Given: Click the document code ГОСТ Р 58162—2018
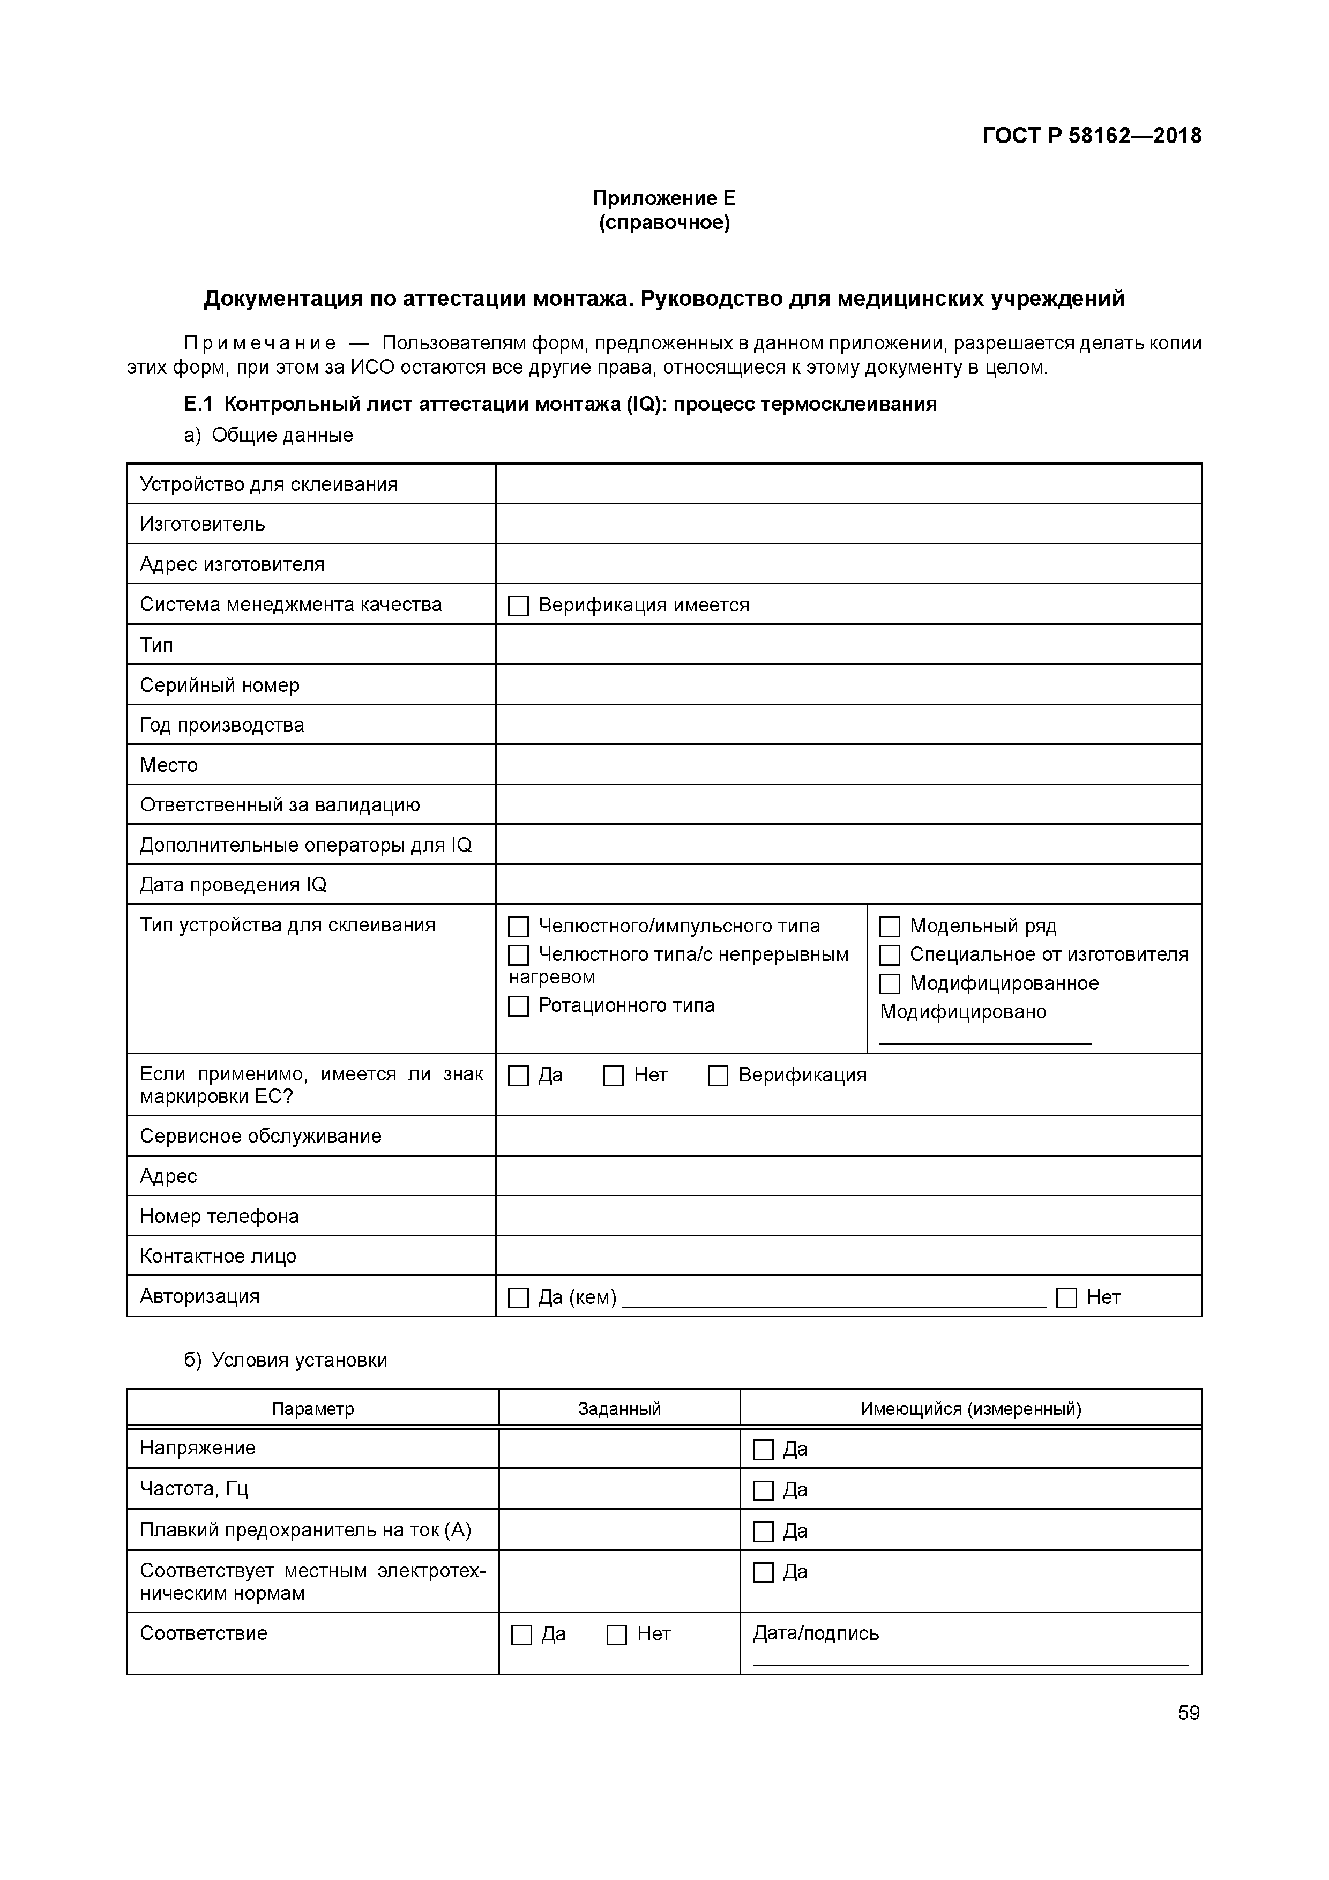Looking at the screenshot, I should [1092, 136].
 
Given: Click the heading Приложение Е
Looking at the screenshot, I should [664, 198].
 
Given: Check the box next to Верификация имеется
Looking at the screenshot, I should [518, 606].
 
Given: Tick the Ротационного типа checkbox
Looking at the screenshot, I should [518, 1006].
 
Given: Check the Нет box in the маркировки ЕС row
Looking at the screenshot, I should [613, 1076].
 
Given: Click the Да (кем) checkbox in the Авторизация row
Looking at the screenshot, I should [518, 1298].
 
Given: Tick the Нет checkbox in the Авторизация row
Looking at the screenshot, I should [1066, 1298].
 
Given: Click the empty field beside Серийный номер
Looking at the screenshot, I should [848, 684].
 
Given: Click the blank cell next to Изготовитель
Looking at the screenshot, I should [848, 524].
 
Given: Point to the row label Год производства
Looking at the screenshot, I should [222, 725].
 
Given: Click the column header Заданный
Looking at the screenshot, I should [619, 1409].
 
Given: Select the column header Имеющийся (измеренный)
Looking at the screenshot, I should [970, 1409].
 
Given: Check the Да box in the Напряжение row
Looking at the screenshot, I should [763, 1450].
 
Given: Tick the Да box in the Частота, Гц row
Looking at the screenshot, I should [763, 1491].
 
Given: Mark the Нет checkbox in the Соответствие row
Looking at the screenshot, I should [617, 1635].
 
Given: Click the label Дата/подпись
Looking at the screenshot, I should [816, 1633].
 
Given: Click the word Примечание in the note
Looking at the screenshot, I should [259, 343].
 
